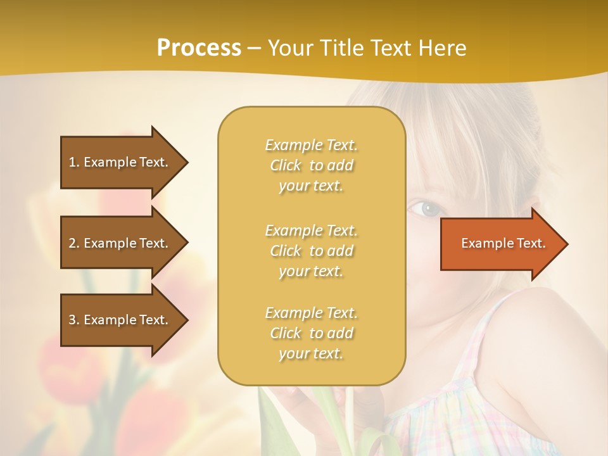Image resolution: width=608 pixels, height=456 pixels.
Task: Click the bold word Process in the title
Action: [199, 48]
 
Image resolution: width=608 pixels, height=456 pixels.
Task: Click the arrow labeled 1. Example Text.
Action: [120, 162]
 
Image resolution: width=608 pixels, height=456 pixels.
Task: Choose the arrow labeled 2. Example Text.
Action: [120, 243]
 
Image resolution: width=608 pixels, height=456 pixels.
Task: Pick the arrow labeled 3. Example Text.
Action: [120, 320]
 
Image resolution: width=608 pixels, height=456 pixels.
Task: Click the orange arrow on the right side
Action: [500, 244]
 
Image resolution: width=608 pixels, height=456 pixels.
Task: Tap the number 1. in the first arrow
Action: [74, 162]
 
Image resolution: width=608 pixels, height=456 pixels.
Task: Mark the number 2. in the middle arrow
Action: [74, 243]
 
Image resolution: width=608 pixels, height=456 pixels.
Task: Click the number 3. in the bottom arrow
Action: [74, 320]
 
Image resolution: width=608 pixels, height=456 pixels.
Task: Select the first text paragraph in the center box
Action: [311, 165]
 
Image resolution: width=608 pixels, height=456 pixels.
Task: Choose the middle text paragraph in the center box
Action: [311, 251]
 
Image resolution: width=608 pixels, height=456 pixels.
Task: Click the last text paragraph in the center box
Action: [311, 333]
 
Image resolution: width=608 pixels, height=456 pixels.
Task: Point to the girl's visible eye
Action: [431, 207]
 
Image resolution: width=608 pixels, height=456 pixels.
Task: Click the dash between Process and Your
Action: [254, 48]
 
